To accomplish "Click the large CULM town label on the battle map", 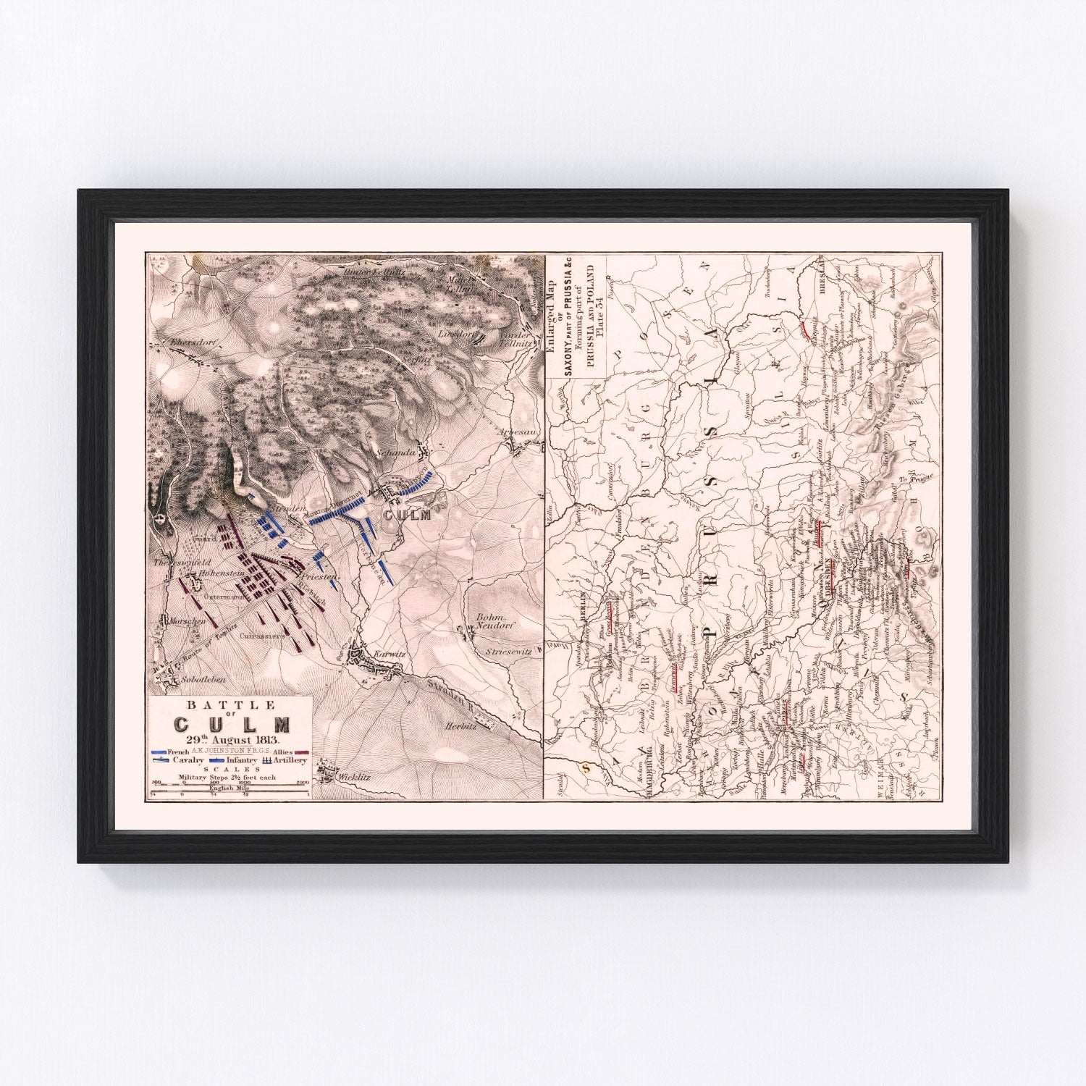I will (407, 515).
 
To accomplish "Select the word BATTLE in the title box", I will (229, 704).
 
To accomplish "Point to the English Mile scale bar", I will (229, 795).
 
